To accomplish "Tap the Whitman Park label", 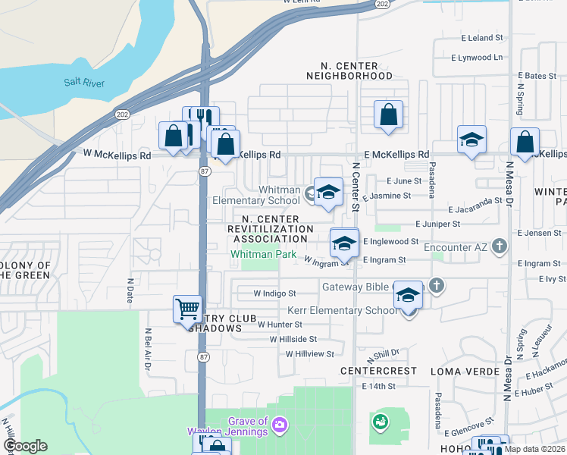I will coord(263,255).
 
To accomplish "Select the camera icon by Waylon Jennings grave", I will coord(280,424).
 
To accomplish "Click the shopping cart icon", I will coord(187,309).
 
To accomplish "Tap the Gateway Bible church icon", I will coord(436,286).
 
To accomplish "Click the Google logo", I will coord(24,446).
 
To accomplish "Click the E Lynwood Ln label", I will coord(477,57).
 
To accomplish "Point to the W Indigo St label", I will coord(274,293).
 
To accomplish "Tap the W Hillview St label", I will coord(310,354).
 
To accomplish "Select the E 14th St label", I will coord(378,386).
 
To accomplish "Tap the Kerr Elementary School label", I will coord(341,311).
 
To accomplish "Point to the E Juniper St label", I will coord(437,224).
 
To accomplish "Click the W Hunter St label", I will coord(280,324).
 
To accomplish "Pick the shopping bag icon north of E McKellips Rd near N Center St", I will coord(388,116).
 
